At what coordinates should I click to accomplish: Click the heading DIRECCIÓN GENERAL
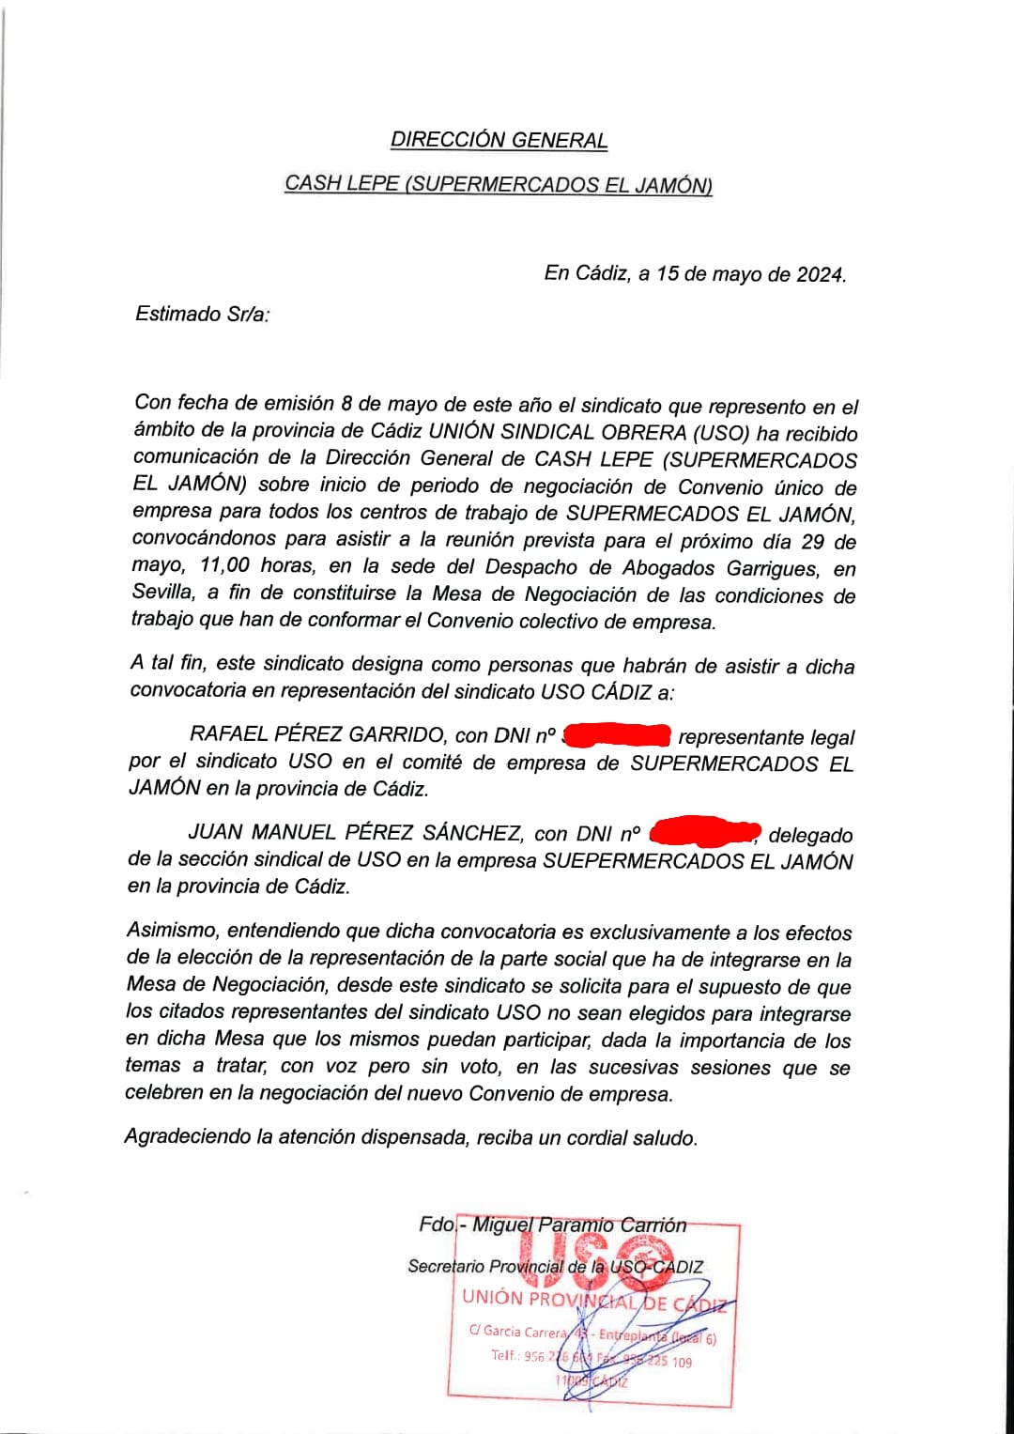499,141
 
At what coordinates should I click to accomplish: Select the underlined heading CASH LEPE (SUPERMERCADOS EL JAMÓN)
499,184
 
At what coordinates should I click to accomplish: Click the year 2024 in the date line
820,275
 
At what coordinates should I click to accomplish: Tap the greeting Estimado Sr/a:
202,315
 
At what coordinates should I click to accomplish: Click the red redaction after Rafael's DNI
616,734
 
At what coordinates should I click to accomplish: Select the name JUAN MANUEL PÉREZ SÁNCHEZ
356,833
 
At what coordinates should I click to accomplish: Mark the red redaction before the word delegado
704,832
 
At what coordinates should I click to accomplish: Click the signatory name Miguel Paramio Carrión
578,1225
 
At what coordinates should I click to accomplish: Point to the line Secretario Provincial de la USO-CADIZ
555,1266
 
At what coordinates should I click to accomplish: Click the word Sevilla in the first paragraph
163,593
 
